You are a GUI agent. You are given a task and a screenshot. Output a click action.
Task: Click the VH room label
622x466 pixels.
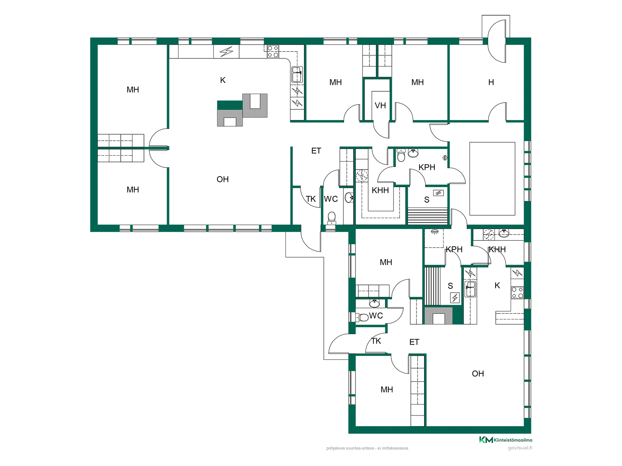(x=380, y=105)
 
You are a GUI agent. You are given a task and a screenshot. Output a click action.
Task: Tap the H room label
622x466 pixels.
(x=491, y=83)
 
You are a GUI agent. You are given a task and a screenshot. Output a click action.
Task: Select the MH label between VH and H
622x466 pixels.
(x=418, y=83)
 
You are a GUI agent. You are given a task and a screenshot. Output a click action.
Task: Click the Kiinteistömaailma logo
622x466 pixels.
(x=506, y=440)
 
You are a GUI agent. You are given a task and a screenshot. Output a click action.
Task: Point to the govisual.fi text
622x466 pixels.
(x=520, y=448)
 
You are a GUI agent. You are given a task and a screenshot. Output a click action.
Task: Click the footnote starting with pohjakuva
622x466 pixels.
(x=367, y=448)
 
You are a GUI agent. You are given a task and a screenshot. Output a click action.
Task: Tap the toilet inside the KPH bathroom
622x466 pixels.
(x=401, y=155)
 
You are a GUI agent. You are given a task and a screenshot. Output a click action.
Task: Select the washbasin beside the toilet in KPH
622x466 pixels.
(x=413, y=153)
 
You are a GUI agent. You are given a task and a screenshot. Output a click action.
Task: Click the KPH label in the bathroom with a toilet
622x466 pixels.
(x=427, y=167)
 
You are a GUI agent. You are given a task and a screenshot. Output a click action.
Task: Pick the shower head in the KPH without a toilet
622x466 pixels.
(x=434, y=232)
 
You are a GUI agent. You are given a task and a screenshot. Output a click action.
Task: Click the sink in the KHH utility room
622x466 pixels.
(x=504, y=233)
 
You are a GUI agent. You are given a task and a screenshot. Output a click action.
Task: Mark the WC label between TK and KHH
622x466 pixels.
(x=331, y=199)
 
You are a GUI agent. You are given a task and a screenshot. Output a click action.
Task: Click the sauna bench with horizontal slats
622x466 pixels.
(x=428, y=216)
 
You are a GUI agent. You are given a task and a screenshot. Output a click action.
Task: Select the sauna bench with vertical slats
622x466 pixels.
(x=432, y=286)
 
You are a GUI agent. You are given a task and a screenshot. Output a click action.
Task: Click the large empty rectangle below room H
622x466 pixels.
(x=492, y=179)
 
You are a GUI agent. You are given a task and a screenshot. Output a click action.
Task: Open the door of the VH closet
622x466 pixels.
(x=382, y=129)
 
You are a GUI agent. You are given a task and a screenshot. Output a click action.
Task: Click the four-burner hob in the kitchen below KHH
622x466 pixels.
(x=517, y=293)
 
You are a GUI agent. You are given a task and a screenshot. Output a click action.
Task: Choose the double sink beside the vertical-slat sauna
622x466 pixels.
(x=470, y=289)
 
